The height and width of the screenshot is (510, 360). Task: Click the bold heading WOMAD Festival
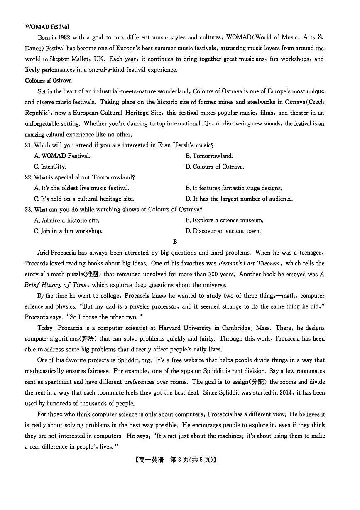47,27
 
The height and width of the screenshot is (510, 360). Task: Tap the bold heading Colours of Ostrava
48,81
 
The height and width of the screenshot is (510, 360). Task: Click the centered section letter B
175,242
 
